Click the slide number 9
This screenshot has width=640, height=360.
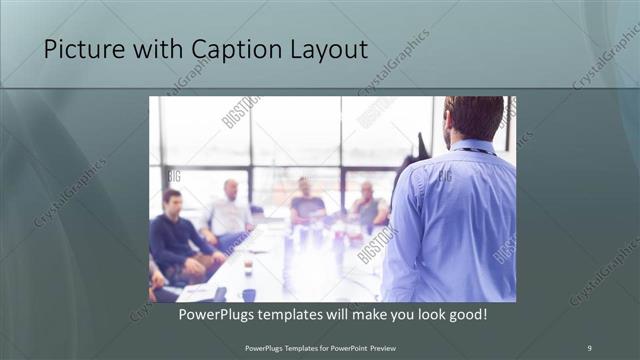click(x=589, y=347)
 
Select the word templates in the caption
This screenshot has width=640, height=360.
click(x=304, y=314)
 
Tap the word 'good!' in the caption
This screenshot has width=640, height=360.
click(x=466, y=314)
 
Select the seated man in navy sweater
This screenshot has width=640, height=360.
click(x=175, y=235)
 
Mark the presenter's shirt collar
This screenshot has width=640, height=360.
click(x=470, y=147)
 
